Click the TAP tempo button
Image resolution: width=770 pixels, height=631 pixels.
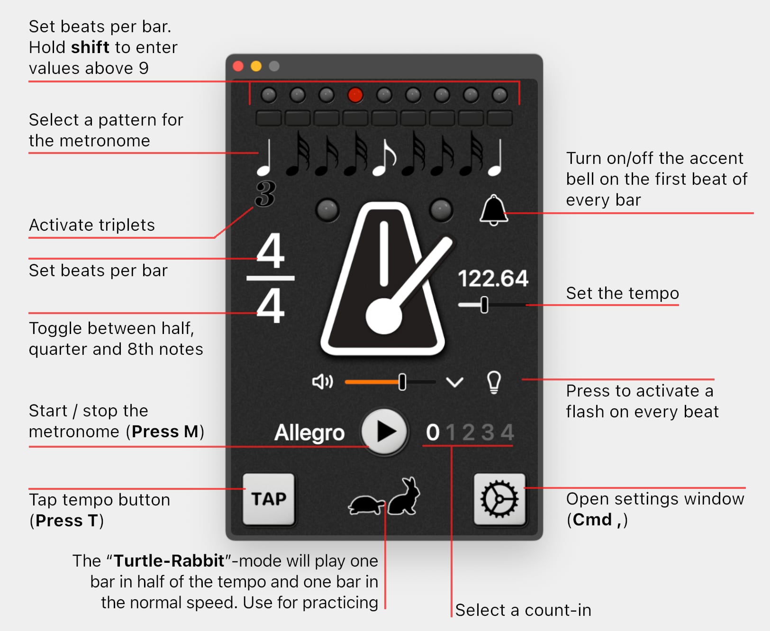pyautogui.click(x=269, y=499)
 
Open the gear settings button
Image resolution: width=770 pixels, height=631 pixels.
pyautogui.click(x=499, y=499)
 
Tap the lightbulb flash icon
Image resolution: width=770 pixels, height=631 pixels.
pyautogui.click(x=494, y=382)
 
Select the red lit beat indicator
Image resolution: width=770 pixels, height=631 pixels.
pyautogui.click(x=355, y=95)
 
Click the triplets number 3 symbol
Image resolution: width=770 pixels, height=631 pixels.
pyautogui.click(x=265, y=194)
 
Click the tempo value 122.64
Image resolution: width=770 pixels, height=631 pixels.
pyautogui.click(x=493, y=279)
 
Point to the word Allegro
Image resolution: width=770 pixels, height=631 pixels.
pyautogui.click(x=309, y=433)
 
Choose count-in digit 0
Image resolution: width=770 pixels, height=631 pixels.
pyautogui.click(x=433, y=432)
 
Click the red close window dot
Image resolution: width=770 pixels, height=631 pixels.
pyautogui.click(x=238, y=66)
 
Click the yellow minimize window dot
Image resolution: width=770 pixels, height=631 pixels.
pyautogui.click(x=256, y=66)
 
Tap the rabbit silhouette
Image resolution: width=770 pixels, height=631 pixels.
pyautogui.click(x=404, y=496)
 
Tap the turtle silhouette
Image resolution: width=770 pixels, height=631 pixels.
pyautogui.click(x=367, y=505)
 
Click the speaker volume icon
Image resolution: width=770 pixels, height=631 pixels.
pyautogui.click(x=323, y=382)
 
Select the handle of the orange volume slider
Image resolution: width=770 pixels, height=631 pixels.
pyautogui.click(x=402, y=382)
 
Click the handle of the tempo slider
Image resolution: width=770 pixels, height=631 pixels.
pyautogui.click(x=484, y=305)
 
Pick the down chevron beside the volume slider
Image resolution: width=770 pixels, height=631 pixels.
pyautogui.click(x=455, y=382)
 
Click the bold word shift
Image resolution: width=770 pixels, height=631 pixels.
pyautogui.click(x=91, y=47)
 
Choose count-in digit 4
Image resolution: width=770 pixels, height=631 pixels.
pyautogui.click(x=507, y=432)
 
